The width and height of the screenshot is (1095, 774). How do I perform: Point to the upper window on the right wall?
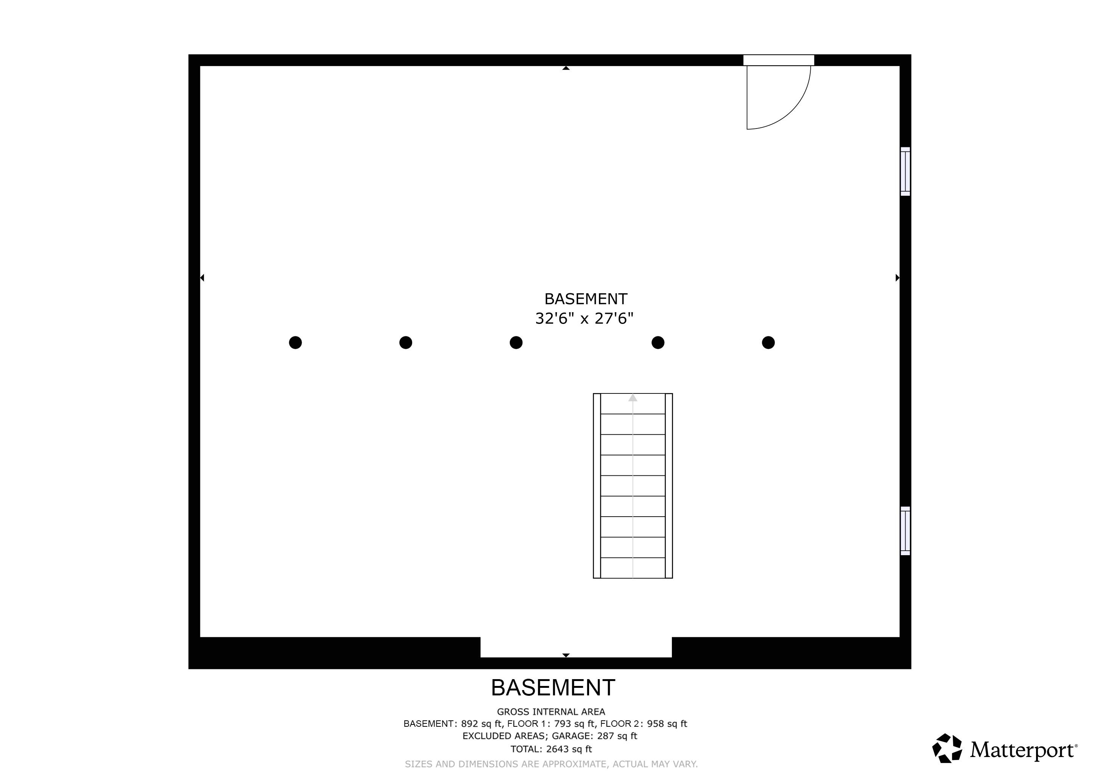pyautogui.click(x=905, y=172)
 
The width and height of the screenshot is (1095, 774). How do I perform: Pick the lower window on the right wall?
pyautogui.click(x=905, y=531)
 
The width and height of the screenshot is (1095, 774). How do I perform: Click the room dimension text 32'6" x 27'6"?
pyautogui.click(x=584, y=318)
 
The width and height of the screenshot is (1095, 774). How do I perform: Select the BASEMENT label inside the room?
pyautogui.click(x=586, y=299)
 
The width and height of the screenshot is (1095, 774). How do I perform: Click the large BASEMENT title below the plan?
pyautogui.click(x=553, y=688)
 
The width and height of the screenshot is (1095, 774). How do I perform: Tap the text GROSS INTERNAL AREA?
pyautogui.click(x=551, y=712)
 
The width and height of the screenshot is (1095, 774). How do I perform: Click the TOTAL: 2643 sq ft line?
pyautogui.click(x=551, y=749)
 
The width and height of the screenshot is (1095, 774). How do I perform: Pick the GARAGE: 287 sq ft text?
pyautogui.click(x=594, y=736)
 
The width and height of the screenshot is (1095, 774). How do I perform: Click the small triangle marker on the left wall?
pyautogui.click(x=202, y=277)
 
